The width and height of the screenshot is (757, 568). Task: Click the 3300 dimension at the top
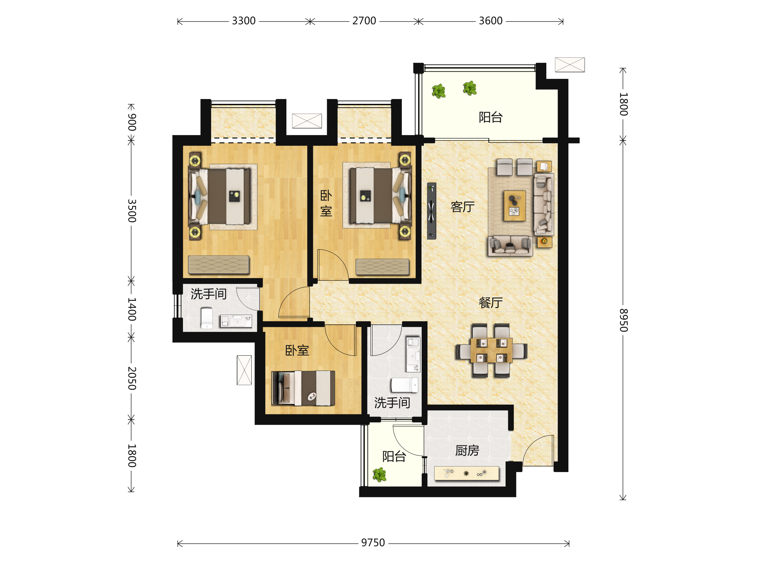point(244,21)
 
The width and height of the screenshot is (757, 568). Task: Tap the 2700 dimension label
point(364,21)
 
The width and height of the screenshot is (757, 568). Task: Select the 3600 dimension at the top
point(490,21)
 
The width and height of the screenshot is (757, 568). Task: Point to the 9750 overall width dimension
point(373,543)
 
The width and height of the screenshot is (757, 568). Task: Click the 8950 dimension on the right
point(624,320)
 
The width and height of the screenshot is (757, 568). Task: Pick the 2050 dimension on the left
point(132,378)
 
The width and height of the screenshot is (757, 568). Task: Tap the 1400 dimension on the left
point(132,309)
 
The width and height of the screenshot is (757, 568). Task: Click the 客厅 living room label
point(463,207)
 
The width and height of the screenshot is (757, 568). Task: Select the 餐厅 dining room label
point(490,303)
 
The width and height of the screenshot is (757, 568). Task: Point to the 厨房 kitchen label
point(467,451)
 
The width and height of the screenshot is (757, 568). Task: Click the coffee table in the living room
point(515,205)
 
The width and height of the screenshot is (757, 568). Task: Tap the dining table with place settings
point(491,350)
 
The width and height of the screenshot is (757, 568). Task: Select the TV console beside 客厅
point(431,211)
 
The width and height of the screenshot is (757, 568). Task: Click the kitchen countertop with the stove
point(467,473)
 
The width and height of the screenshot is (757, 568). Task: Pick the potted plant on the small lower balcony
point(379,475)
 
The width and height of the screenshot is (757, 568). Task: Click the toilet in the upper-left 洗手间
point(207,318)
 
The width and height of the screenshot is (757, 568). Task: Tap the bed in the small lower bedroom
point(303,388)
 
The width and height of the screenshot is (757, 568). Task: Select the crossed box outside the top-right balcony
point(570,65)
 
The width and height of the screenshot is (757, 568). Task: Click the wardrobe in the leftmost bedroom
point(219,264)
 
